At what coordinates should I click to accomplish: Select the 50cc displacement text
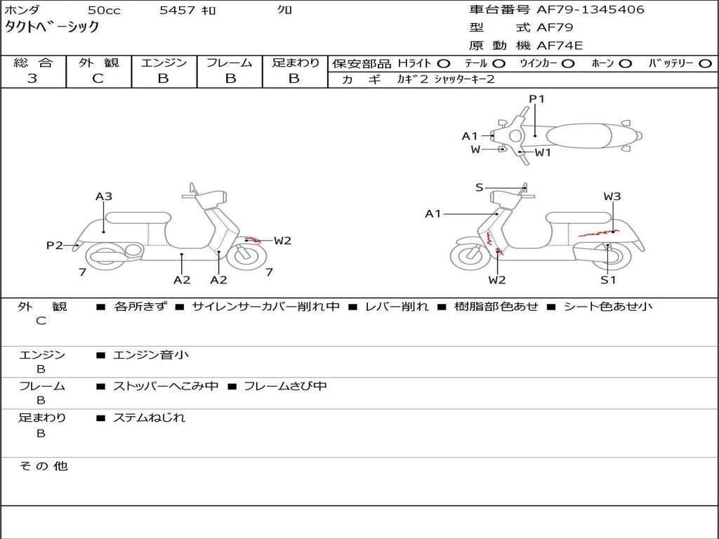103,11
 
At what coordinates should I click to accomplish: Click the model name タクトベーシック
52,27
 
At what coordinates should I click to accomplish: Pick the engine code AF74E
560,46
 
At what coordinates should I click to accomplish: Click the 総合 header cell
33,63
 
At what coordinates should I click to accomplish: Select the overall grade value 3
32,79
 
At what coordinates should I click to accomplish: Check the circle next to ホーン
625,63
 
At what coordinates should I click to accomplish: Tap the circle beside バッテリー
704,63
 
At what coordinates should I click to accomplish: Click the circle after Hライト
444,63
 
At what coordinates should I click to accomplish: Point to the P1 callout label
536,99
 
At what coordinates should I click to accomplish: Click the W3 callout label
612,197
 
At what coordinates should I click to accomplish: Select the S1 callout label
608,280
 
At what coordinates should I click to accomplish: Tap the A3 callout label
104,197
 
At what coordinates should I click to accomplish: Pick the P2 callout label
55,245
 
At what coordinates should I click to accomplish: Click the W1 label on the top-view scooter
543,152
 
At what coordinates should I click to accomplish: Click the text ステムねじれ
150,418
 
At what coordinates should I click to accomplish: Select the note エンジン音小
151,355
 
